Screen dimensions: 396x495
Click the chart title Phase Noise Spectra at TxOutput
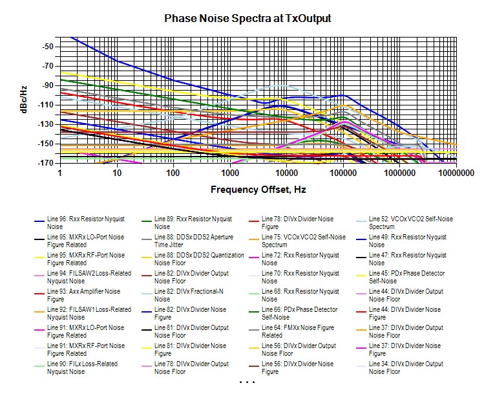pyautogui.click(x=247, y=19)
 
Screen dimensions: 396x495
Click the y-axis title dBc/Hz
pyautogui.click(x=23, y=100)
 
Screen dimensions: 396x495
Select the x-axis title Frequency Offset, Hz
pyautogui.click(x=258, y=190)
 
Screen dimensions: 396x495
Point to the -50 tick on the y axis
pyautogui.click(x=47, y=47)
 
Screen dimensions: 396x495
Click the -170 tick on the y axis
pyautogui.click(x=45, y=163)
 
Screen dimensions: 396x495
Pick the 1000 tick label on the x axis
pyautogui.click(x=229, y=173)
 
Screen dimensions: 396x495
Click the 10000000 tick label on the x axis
pyautogui.click(x=456, y=173)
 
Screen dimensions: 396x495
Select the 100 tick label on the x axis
pyautogui.click(x=173, y=173)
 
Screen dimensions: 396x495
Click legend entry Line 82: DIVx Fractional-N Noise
pyautogui.click(x=187, y=296)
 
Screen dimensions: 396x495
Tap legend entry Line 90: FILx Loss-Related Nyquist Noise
pyautogui.click(x=77, y=368)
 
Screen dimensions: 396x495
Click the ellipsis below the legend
pyautogui.click(x=247, y=383)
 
